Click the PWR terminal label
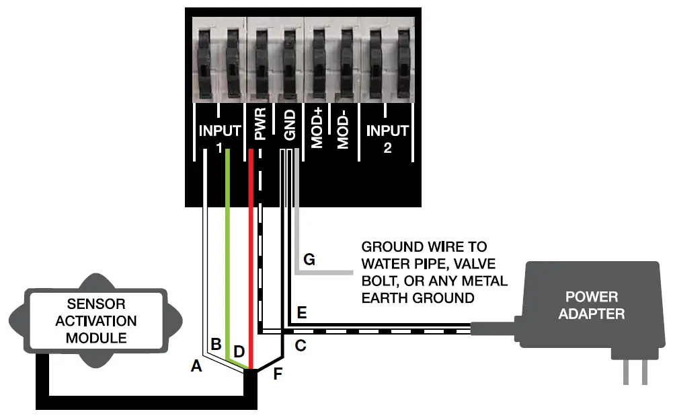[262, 128]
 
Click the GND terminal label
[290, 128]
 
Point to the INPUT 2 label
[387, 137]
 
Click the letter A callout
[196, 366]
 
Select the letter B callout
[216, 344]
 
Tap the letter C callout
[301, 346]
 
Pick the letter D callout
[239, 351]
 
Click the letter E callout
[302, 313]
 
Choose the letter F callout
[278, 374]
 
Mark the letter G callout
[309, 259]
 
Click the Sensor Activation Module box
[96, 320]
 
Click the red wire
[251, 269]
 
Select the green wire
[228, 269]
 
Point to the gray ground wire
[323, 272]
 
